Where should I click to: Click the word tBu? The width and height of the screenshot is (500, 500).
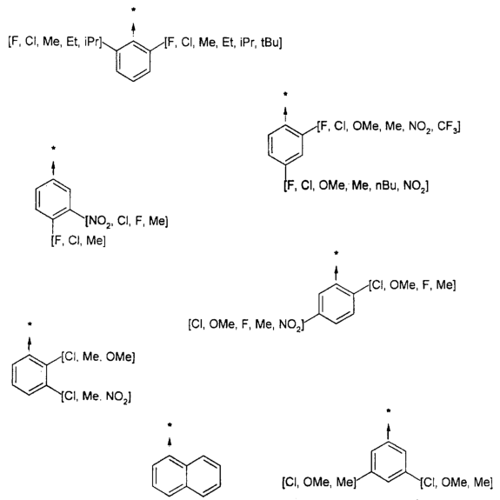coord(270,42)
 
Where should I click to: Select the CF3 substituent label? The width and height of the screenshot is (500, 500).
coord(448,127)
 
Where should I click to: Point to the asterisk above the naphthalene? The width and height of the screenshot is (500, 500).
coord(170,424)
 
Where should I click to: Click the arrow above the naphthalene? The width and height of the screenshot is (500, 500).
coord(170,441)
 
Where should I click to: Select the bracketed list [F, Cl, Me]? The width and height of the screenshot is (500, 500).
coord(78,240)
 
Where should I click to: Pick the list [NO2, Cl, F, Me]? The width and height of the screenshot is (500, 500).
coord(127,221)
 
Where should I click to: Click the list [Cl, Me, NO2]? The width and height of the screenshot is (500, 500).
coord(97,397)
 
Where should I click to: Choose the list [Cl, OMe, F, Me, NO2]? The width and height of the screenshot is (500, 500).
coord(246,324)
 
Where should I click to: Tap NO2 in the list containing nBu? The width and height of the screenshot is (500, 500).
coord(415,185)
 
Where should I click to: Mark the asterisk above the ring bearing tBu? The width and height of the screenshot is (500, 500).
coord(133,10)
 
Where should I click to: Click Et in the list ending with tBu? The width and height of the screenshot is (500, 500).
coord(228,42)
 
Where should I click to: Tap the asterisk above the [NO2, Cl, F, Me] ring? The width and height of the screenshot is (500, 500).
coord(54,148)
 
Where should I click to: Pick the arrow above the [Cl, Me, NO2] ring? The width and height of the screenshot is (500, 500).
coord(30,343)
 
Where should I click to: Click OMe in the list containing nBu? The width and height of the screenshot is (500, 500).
coord(331,185)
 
